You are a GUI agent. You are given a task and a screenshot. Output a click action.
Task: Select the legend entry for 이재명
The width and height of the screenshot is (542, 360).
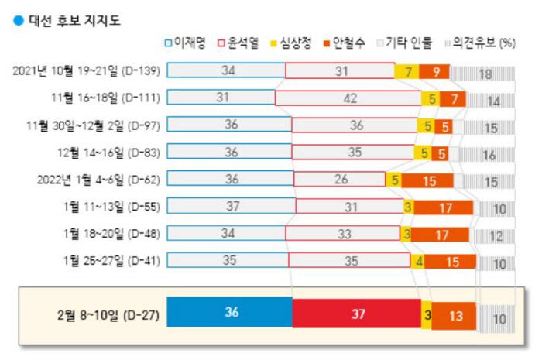[x=186, y=43]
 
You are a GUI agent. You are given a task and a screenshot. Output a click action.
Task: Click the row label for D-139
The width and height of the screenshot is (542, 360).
[x=87, y=72]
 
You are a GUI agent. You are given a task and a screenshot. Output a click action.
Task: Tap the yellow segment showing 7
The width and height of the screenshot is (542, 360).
[x=406, y=72]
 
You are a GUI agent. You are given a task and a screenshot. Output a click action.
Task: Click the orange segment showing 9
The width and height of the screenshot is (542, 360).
[x=434, y=72]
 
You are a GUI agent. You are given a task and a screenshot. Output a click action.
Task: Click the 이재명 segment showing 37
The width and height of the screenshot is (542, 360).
[x=231, y=207]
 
